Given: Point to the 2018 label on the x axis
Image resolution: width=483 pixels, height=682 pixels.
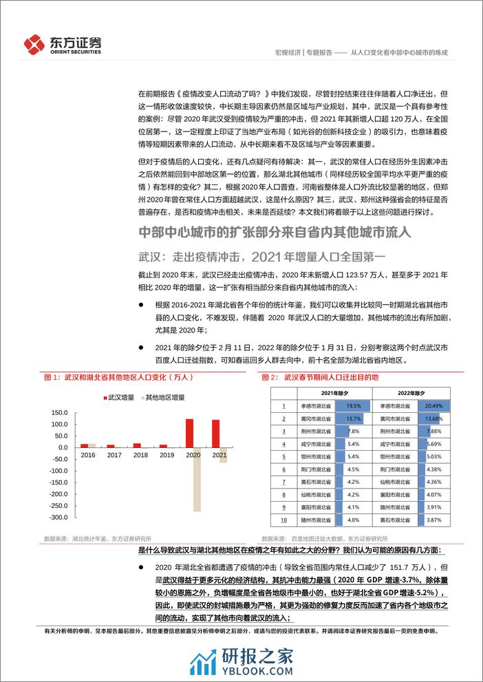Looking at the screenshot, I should pyautogui.click(x=141, y=455).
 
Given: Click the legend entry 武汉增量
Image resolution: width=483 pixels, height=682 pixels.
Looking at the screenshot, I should pyautogui.click(x=119, y=397).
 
